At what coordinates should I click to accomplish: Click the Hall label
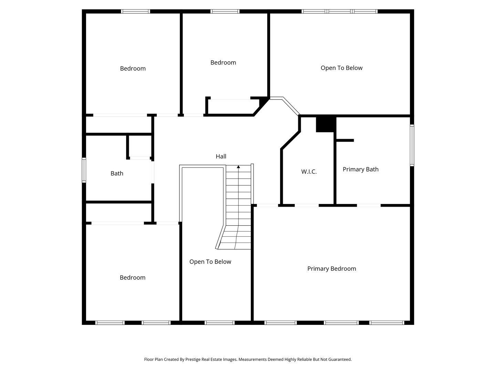221,156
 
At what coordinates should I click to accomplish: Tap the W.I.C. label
309,172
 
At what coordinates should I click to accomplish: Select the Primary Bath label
360,169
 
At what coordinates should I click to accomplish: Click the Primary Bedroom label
331,269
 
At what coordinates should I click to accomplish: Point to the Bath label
117,173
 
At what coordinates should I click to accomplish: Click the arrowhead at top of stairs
238,167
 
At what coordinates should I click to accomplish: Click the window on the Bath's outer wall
84,170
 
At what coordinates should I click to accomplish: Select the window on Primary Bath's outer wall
412,145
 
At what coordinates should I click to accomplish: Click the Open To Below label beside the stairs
210,261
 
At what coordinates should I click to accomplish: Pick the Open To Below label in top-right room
341,68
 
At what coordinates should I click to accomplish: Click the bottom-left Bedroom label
132,277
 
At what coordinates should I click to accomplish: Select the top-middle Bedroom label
223,62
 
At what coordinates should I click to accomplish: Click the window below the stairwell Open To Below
220,323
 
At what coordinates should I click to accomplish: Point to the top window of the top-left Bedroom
135,11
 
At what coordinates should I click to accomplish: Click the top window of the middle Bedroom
225,11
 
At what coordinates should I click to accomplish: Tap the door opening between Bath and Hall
153,172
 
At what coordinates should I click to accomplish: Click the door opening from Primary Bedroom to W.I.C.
307,205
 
